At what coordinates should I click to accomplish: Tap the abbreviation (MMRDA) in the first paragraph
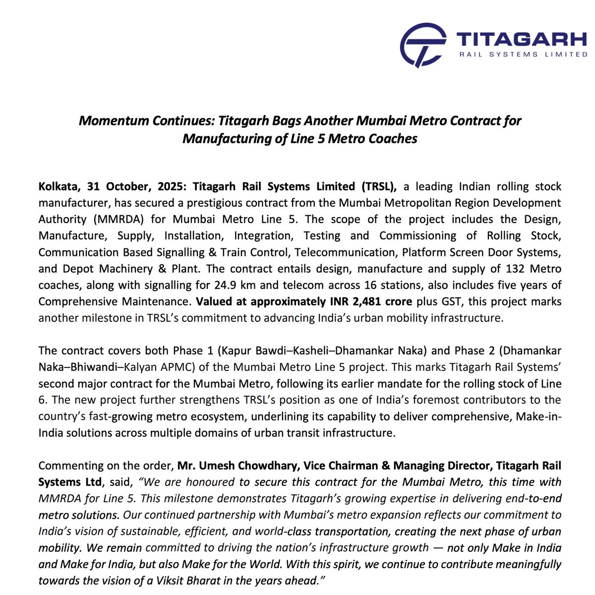tap(112, 220)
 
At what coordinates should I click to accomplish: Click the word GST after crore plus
tap(452, 301)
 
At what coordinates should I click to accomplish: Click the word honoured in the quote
tap(210, 482)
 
